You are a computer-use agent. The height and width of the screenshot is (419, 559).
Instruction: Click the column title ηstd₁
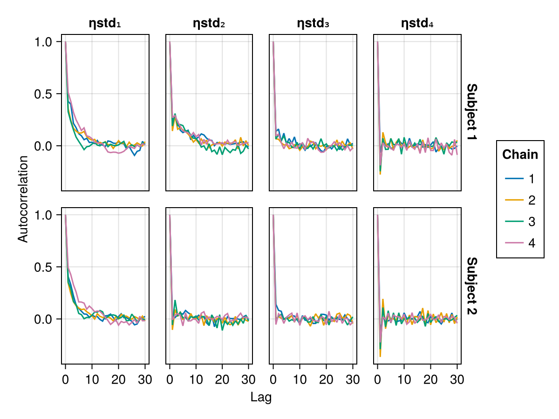(x=105, y=23)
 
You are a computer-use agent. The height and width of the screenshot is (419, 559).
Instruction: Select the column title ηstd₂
(x=209, y=23)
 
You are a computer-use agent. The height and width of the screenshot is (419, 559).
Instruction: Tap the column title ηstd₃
(x=313, y=23)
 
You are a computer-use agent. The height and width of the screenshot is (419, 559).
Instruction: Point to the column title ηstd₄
(x=417, y=23)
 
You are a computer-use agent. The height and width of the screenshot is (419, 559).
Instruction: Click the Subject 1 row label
(x=471, y=113)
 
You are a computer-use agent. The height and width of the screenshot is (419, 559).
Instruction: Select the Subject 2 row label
(x=471, y=286)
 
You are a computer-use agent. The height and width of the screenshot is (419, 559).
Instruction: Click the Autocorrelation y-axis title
(x=23, y=199)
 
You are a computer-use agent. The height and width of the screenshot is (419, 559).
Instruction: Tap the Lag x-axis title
(x=261, y=397)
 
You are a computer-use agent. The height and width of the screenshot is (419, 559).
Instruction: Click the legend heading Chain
(x=520, y=155)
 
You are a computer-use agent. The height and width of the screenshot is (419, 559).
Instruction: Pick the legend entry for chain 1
(x=520, y=179)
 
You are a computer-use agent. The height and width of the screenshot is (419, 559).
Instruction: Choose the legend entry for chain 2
(x=520, y=200)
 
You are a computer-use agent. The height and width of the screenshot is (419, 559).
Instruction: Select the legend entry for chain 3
(x=520, y=222)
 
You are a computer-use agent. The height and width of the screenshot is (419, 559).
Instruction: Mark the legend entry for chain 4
(x=520, y=243)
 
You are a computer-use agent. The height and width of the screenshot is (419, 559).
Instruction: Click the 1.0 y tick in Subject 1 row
(x=45, y=42)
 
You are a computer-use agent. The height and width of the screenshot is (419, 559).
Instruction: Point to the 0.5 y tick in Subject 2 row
(x=45, y=267)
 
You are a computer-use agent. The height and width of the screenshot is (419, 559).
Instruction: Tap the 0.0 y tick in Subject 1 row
(x=45, y=146)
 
